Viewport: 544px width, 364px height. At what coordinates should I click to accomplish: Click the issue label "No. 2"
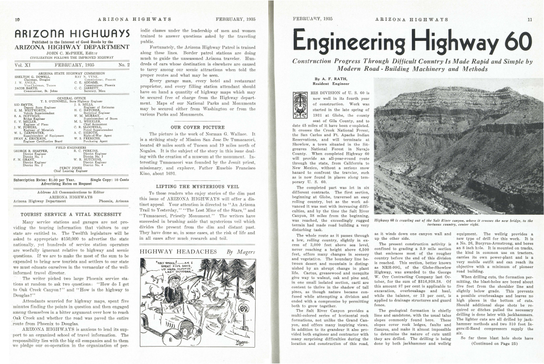123,65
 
